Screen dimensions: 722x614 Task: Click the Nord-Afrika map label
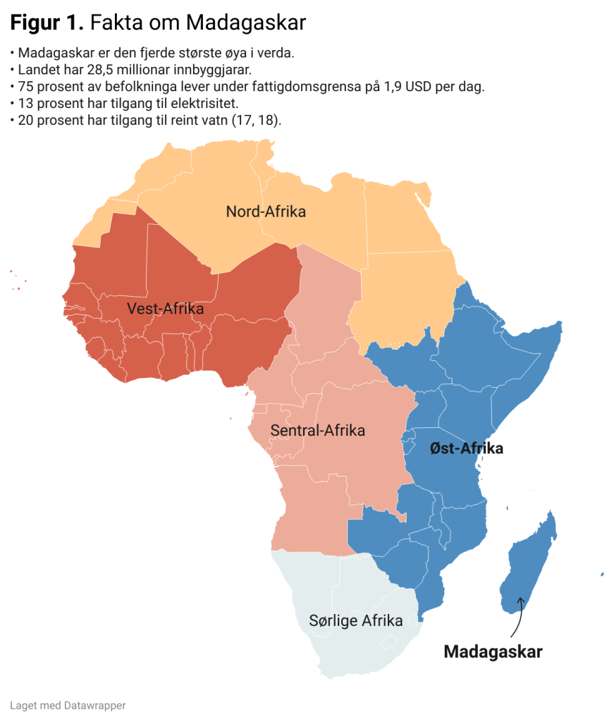pos(266,211)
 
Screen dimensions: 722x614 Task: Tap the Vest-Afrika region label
pos(165,309)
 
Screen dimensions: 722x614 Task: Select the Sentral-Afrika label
pos(317,430)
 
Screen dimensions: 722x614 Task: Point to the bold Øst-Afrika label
pos(466,448)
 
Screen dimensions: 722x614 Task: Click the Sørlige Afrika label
pos(356,620)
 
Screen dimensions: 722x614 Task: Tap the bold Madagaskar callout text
pos(493,651)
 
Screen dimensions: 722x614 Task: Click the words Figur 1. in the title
pos(47,23)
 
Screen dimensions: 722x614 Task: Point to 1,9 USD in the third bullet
pos(415,87)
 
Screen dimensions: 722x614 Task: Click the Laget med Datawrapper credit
pos(58,704)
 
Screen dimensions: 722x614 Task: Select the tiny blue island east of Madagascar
pos(602,574)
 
